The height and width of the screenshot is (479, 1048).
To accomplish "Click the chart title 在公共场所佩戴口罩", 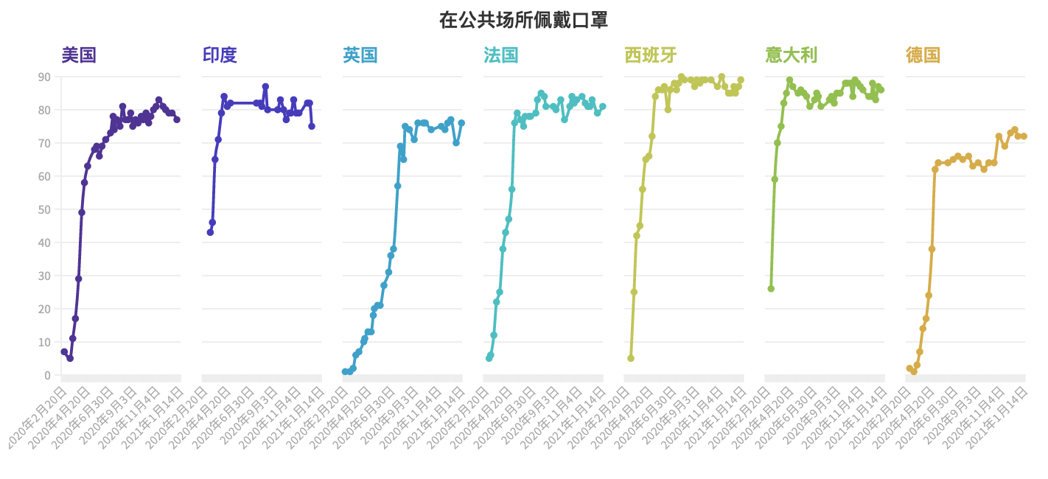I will tap(523, 20).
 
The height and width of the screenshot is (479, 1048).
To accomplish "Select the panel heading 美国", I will tap(79, 55).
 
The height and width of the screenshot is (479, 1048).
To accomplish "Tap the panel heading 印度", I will tap(220, 55).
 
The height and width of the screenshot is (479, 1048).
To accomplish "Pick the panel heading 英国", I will tap(360, 55).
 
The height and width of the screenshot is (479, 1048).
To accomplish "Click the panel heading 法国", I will tap(501, 55).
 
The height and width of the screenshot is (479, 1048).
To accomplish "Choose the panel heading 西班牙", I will tap(651, 55).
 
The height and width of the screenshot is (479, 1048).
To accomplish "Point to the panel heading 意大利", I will tap(792, 55).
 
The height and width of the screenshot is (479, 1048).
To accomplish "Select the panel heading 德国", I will tap(923, 55).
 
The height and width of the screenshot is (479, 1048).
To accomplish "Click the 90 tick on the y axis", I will tap(44, 77).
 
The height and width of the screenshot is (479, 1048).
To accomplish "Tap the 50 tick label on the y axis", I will tap(44, 209).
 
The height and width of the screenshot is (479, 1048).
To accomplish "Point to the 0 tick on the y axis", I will tap(47, 375).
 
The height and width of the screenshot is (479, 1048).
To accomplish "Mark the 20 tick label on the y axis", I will tap(44, 309).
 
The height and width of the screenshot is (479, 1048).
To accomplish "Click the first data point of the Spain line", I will tap(631, 358).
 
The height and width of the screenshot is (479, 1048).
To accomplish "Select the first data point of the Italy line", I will tap(771, 289).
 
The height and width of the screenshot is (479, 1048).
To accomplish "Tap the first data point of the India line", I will tap(210, 232).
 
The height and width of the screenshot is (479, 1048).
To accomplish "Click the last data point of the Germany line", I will tap(1024, 136).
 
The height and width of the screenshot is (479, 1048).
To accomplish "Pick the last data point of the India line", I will tap(312, 126).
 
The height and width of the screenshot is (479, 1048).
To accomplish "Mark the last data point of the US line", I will tap(177, 119).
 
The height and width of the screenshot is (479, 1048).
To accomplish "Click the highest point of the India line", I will tap(265, 87).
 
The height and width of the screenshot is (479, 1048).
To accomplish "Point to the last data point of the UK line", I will tap(461, 123).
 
